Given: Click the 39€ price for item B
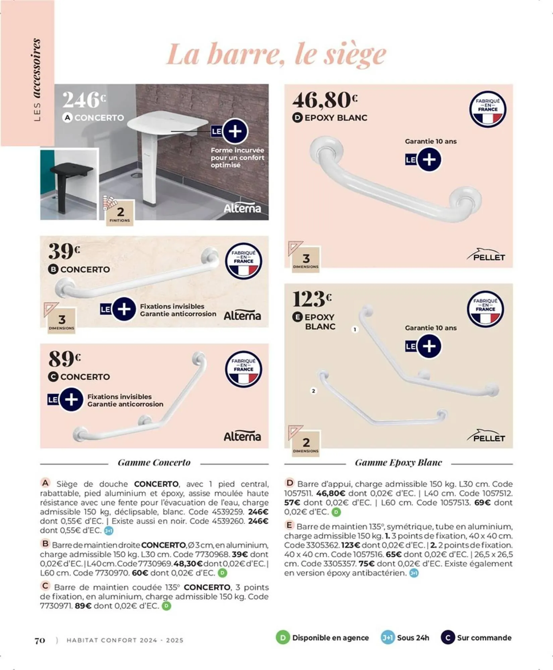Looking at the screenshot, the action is point(64,251).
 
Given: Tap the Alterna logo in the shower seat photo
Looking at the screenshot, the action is point(242,208).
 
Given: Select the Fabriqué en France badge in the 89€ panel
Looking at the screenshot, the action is point(243,369).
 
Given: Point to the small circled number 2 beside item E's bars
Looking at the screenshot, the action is point(314,391).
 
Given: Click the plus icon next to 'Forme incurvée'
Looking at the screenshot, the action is point(235,131).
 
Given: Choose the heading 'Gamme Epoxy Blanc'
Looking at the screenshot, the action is point(398,463).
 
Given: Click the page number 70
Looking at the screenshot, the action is point(40,640).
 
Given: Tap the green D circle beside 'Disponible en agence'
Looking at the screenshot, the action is point(283,638).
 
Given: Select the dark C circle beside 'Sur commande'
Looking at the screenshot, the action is point(447,638).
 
